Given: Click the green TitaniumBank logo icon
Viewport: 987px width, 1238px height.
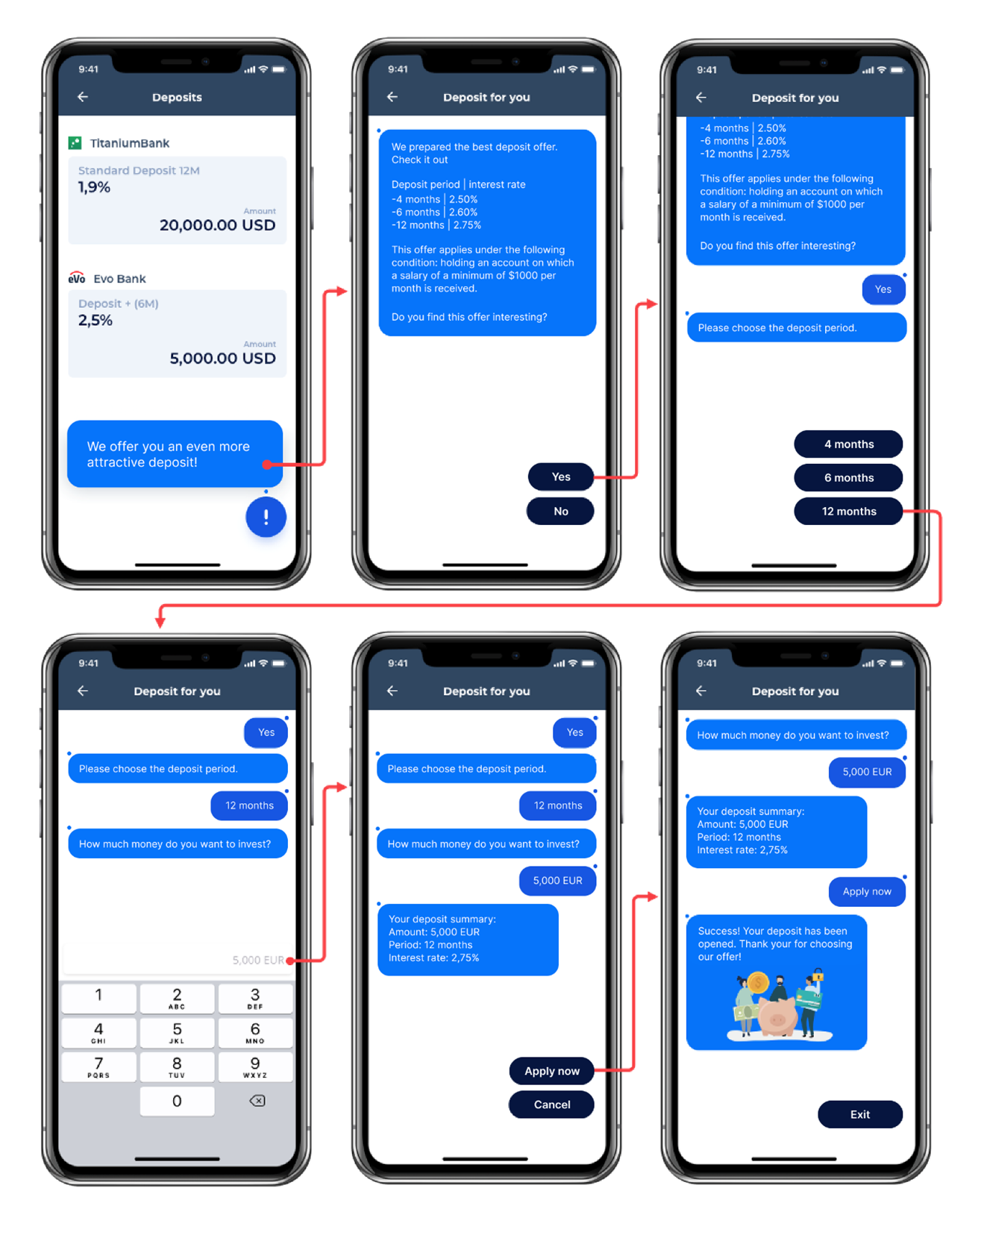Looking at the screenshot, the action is tap(75, 143).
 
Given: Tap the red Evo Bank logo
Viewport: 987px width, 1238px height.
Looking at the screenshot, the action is tap(77, 278).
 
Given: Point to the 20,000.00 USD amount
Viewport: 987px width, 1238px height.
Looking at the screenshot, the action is tap(217, 225).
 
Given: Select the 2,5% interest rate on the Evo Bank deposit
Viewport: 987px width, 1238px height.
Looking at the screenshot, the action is tap(95, 321).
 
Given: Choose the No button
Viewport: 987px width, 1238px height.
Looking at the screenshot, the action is tap(560, 512).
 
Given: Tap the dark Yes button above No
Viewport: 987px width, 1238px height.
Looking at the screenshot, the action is tap(560, 477).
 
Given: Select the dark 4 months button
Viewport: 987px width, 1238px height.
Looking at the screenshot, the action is tap(848, 444).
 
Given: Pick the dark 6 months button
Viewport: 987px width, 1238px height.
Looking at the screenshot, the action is tap(848, 478).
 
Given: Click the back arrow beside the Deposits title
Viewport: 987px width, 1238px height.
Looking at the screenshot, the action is tap(83, 97).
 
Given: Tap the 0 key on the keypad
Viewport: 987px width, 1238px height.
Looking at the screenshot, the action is tap(177, 1101).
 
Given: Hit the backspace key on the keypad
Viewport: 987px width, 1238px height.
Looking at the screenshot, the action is tap(257, 1101).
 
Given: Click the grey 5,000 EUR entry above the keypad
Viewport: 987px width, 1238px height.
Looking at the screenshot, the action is tap(257, 961).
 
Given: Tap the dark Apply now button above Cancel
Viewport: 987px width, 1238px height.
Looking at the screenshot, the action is tap(551, 1071).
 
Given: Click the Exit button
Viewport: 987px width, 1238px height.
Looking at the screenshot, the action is tap(859, 1114).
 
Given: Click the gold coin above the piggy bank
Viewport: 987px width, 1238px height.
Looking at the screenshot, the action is tap(758, 983).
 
